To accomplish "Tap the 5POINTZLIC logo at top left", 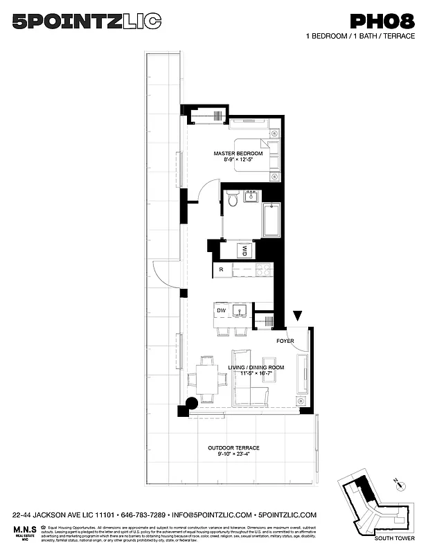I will pyautogui.click(x=87, y=23).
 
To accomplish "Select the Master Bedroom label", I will pyautogui.click(x=238, y=156).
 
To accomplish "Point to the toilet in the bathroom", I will pyautogui.click(x=233, y=199).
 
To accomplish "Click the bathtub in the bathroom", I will pyautogui.click(x=271, y=220).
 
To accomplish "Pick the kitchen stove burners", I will pyautogui.click(x=264, y=269).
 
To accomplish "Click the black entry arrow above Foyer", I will pyautogui.click(x=298, y=316).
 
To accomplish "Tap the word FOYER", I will pyautogui.click(x=285, y=341).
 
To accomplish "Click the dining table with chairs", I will pyautogui.click(x=206, y=378).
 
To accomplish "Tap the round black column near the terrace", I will pyautogui.click(x=192, y=402).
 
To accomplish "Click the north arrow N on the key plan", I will pyautogui.click(x=395, y=480).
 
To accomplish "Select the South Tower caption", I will pyautogui.click(x=390, y=538).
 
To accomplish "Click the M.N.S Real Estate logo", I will pyautogui.click(x=24, y=533).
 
